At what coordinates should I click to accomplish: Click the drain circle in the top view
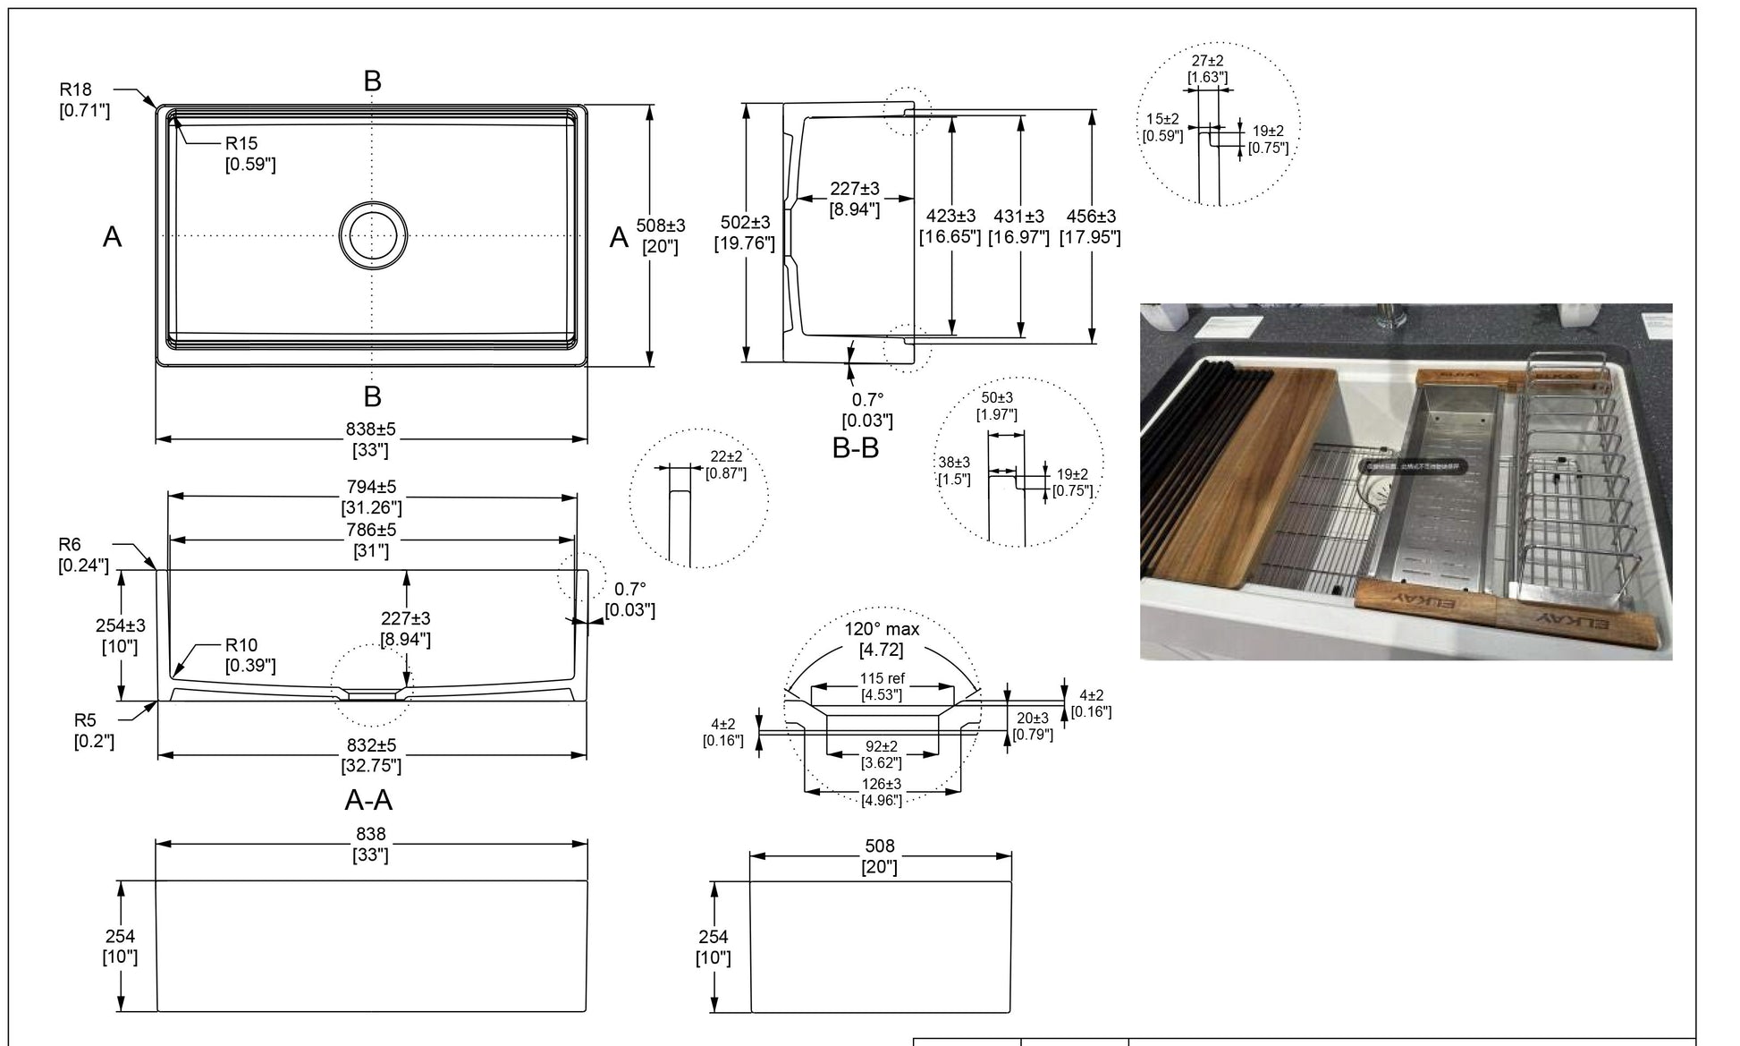(x=373, y=235)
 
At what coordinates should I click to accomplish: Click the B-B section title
(x=855, y=448)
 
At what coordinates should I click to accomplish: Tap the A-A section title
(x=368, y=799)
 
